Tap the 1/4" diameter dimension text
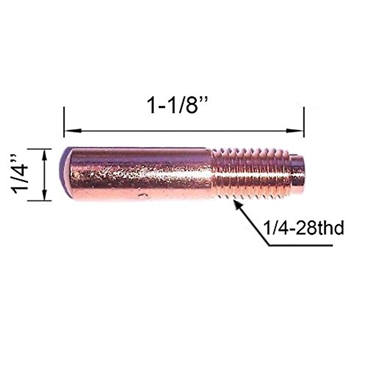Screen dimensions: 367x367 click(21, 175)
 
